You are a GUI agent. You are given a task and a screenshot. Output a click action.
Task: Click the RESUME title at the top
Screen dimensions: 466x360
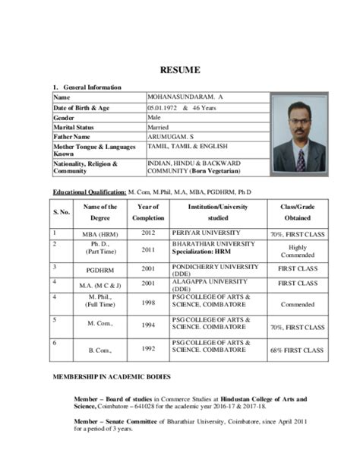pos(180,70)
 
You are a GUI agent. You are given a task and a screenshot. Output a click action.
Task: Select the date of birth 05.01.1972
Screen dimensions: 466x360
pos(165,109)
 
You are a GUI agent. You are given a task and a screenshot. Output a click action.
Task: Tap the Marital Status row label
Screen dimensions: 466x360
pos(74,127)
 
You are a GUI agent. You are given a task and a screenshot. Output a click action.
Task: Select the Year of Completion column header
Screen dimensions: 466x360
pos(148,212)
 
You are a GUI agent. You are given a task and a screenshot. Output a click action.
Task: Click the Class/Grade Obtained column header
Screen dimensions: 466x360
pos(297,212)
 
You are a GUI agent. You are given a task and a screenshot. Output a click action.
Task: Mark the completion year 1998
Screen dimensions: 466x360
pos(148,302)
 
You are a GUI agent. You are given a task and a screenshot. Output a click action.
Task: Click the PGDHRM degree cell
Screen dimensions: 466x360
pos(100,268)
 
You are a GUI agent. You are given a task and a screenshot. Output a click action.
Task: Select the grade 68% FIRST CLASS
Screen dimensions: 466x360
pos(297,350)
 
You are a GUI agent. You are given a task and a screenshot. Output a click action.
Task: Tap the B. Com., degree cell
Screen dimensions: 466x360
pos(100,350)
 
